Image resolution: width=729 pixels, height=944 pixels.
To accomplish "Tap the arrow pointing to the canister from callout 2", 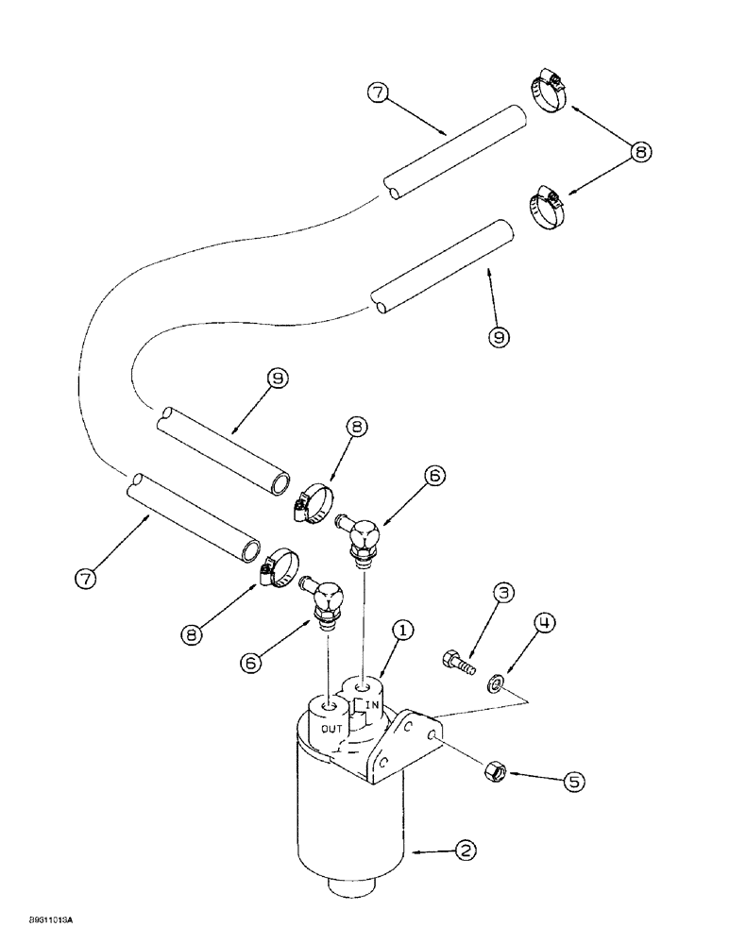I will click(429, 852).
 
